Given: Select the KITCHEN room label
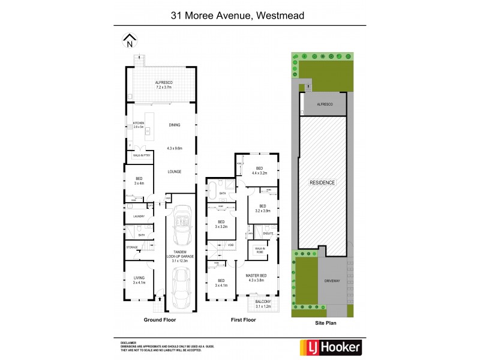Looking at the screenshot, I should pyautogui.click(x=139, y=125).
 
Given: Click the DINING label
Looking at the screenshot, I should pyautogui.click(x=175, y=125).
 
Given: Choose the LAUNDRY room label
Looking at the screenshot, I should pyautogui.click(x=139, y=216).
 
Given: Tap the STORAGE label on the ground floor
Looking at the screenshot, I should pyautogui.click(x=132, y=247).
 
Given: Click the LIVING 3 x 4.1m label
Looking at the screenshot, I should pyautogui.click(x=139, y=280).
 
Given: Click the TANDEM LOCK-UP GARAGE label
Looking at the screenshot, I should pyautogui.click(x=180, y=256).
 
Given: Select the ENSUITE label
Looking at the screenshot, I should pyautogui.click(x=268, y=233).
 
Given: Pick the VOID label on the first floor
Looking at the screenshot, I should pyautogui.click(x=230, y=245).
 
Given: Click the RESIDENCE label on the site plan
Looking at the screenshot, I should pyautogui.click(x=322, y=182).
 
